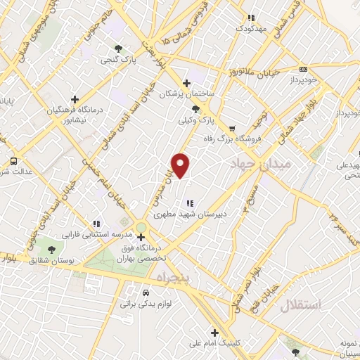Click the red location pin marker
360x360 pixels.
point(181,165)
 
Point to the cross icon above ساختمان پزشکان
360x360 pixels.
point(186,82)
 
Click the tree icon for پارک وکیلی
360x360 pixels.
point(196,109)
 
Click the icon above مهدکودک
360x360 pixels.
point(250,19)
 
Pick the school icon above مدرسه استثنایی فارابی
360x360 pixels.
point(96,224)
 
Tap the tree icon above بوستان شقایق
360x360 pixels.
point(50,249)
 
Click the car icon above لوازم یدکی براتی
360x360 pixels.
point(145,292)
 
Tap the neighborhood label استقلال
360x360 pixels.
point(300,305)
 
